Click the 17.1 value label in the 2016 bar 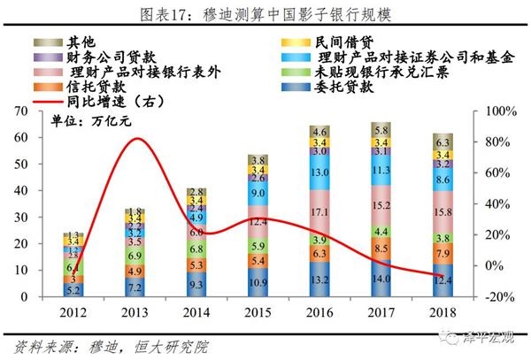[x=319, y=213]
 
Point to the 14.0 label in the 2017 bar [x=381, y=278]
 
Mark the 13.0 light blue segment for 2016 [x=319, y=173]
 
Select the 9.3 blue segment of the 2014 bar [x=196, y=284]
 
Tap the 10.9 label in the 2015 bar [x=258, y=282]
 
